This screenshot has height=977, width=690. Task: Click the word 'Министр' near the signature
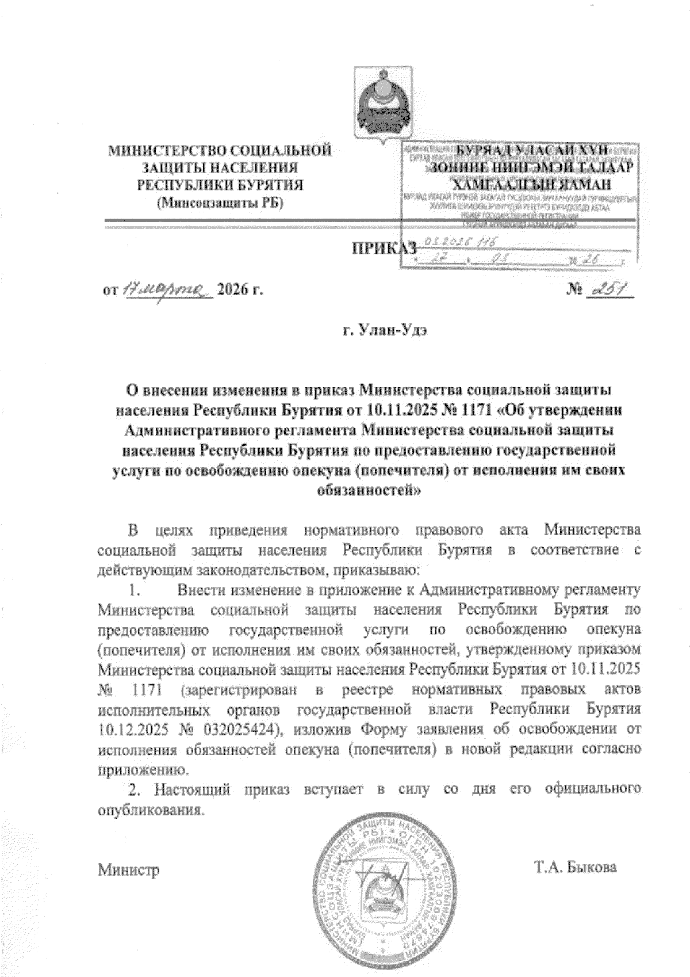(x=128, y=869)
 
